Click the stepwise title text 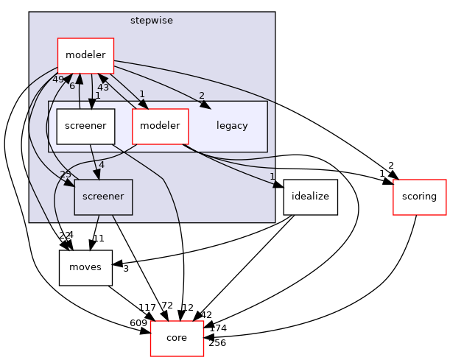click(x=151, y=21)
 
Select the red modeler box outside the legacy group click(x=86, y=55)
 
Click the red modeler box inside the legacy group click(x=160, y=126)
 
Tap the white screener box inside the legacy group click(x=85, y=126)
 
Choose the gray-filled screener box click(x=103, y=197)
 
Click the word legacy click(x=232, y=126)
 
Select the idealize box click(x=310, y=197)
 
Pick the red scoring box click(x=420, y=197)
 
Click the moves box click(x=85, y=267)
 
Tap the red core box click(x=177, y=338)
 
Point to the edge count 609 click(x=138, y=323)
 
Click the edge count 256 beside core click(x=217, y=343)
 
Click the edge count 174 click(x=218, y=328)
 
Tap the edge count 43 click(x=103, y=88)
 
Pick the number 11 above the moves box click(x=99, y=239)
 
